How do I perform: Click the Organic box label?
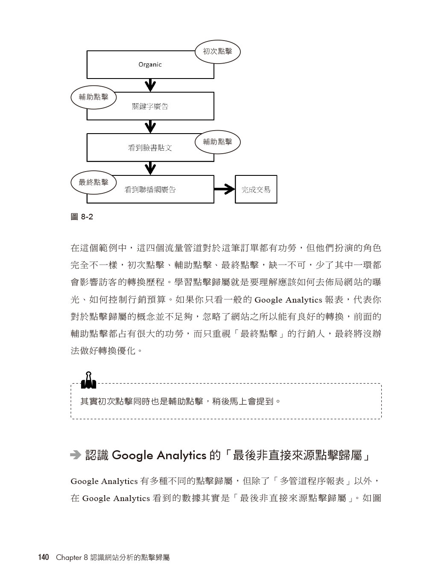[150, 64]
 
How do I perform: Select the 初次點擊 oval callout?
[217, 52]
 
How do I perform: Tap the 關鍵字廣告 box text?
[150, 106]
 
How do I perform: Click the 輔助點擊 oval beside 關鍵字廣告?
[94, 97]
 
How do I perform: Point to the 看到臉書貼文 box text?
[150, 148]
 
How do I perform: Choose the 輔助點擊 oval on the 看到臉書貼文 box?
[217, 142]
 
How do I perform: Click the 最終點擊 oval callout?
[94, 182]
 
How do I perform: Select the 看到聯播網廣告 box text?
[150, 189]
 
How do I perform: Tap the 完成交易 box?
[256, 189]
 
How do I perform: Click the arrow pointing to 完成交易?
[224, 189]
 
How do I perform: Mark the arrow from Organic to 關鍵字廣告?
[150, 85]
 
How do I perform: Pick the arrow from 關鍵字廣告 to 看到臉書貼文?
[150, 127]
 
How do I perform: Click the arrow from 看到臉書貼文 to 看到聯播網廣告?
[150, 169]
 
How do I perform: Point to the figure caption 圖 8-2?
[82, 217]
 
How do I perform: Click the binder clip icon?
[88, 380]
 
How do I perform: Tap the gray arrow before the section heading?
[76, 455]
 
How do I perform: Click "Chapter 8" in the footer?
[72, 557]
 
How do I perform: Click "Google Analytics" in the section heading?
[159, 455]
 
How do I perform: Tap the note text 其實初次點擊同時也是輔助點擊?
[142, 401]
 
